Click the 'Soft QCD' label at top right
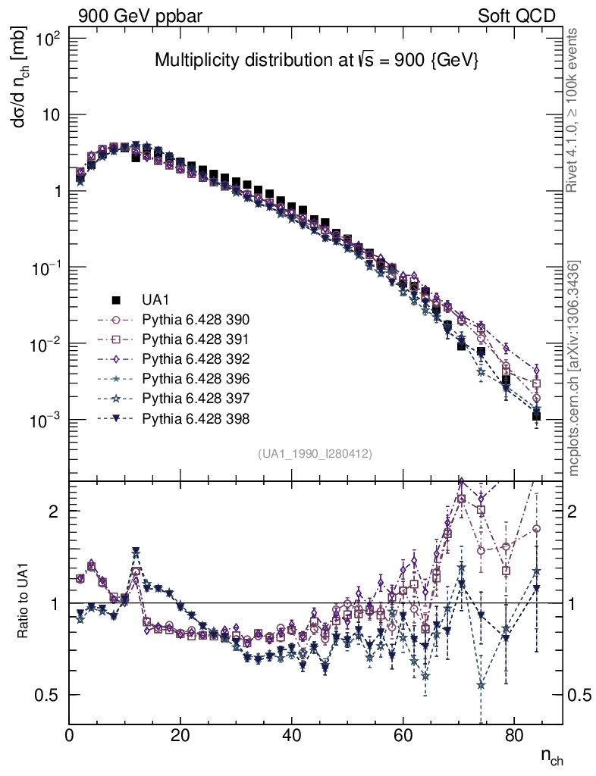pos(516,16)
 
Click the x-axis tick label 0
pos(70,734)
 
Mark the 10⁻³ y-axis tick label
pos(45,421)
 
